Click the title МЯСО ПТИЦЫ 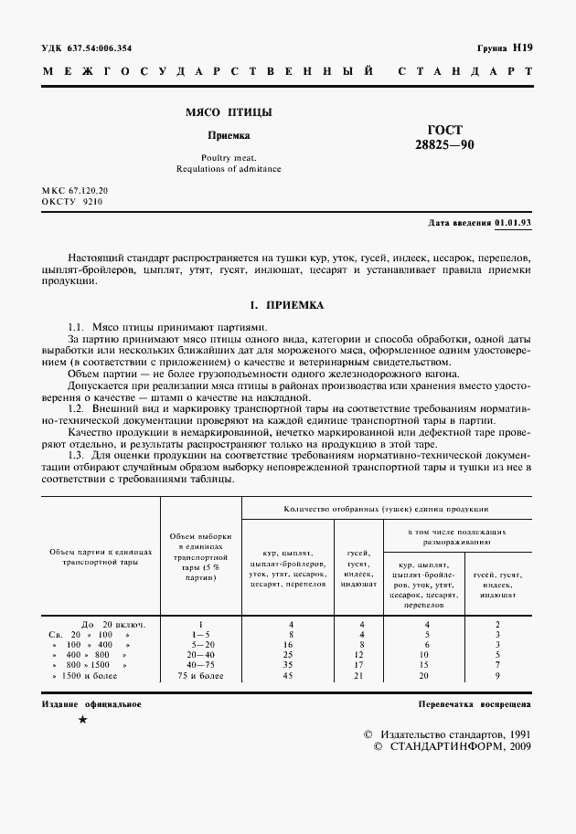point(217,114)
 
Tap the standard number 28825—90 point(445,145)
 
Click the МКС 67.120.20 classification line point(75,189)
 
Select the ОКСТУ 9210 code point(72,201)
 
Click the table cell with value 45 point(290,676)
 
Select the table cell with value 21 point(362,676)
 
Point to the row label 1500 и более point(91,676)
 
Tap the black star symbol point(82,722)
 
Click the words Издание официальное point(91,705)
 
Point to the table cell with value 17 point(362,665)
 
